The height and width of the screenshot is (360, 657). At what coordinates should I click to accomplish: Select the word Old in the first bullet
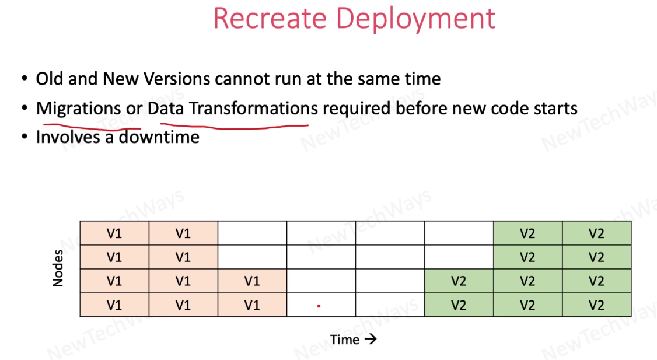(x=50, y=78)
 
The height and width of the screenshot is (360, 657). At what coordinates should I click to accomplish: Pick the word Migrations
(x=79, y=109)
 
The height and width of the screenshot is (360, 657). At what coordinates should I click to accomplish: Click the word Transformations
(x=253, y=109)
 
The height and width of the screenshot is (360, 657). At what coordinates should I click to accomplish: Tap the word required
(x=357, y=109)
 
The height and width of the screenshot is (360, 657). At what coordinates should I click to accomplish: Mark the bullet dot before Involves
(x=25, y=137)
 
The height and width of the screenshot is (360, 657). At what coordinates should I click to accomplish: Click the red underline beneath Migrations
(x=92, y=127)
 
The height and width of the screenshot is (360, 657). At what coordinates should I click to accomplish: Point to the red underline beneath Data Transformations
(x=235, y=126)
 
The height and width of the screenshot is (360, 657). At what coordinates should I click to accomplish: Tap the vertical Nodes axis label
(x=58, y=268)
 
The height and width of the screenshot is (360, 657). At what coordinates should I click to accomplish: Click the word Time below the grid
(x=345, y=340)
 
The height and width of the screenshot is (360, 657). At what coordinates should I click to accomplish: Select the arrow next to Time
(x=371, y=339)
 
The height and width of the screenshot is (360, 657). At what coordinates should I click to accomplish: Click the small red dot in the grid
(x=319, y=306)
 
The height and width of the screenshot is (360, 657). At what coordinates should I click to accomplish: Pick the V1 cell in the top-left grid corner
(x=114, y=233)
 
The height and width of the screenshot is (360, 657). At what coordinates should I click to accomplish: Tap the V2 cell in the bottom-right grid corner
(x=597, y=305)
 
